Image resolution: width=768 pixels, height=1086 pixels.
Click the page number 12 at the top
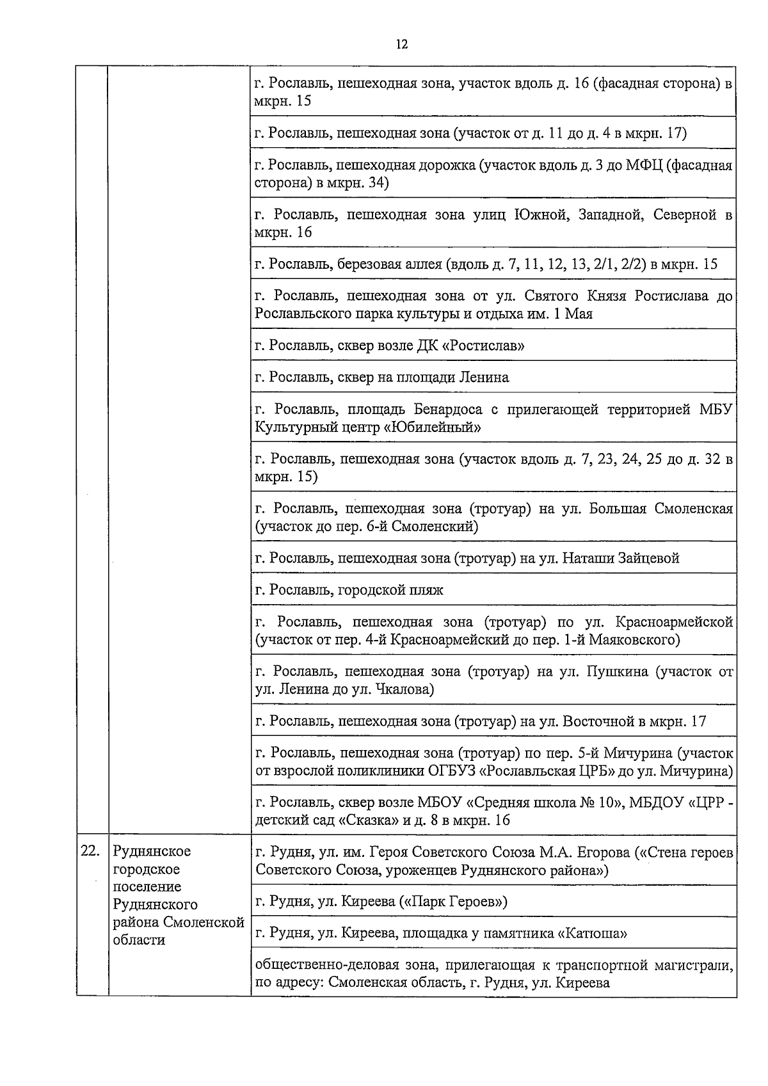tap(402, 44)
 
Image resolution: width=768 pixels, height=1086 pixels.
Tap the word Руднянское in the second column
tap(152, 851)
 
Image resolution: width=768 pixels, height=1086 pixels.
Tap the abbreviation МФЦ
tap(640, 166)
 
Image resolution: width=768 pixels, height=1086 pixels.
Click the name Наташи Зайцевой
tap(621, 558)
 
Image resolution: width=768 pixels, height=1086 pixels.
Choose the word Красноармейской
tap(673, 622)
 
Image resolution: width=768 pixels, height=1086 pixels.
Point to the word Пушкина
tap(614, 671)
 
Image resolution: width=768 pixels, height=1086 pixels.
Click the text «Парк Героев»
tap(453, 902)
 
